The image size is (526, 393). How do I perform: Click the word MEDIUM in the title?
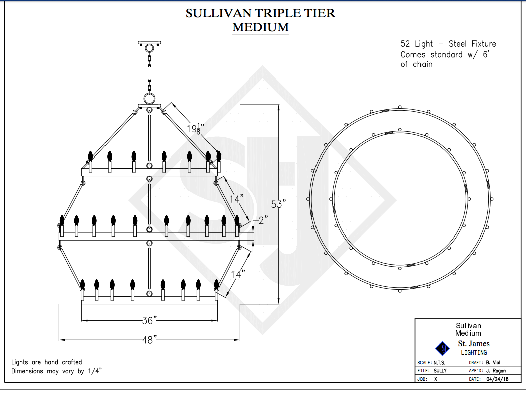[x=260, y=27]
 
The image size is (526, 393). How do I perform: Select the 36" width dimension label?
[x=148, y=320]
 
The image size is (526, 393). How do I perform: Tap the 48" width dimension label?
[x=148, y=339]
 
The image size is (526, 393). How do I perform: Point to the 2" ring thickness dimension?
[x=263, y=220]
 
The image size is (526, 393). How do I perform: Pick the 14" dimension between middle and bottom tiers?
[x=237, y=274]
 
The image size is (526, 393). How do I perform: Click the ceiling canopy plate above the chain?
[x=149, y=43]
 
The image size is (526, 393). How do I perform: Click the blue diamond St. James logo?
[x=442, y=348]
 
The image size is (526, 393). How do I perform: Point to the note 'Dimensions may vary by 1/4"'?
[x=57, y=371]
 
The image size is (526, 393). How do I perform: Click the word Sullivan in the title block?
[x=468, y=326]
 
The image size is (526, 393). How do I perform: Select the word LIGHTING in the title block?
[x=474, y=352]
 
